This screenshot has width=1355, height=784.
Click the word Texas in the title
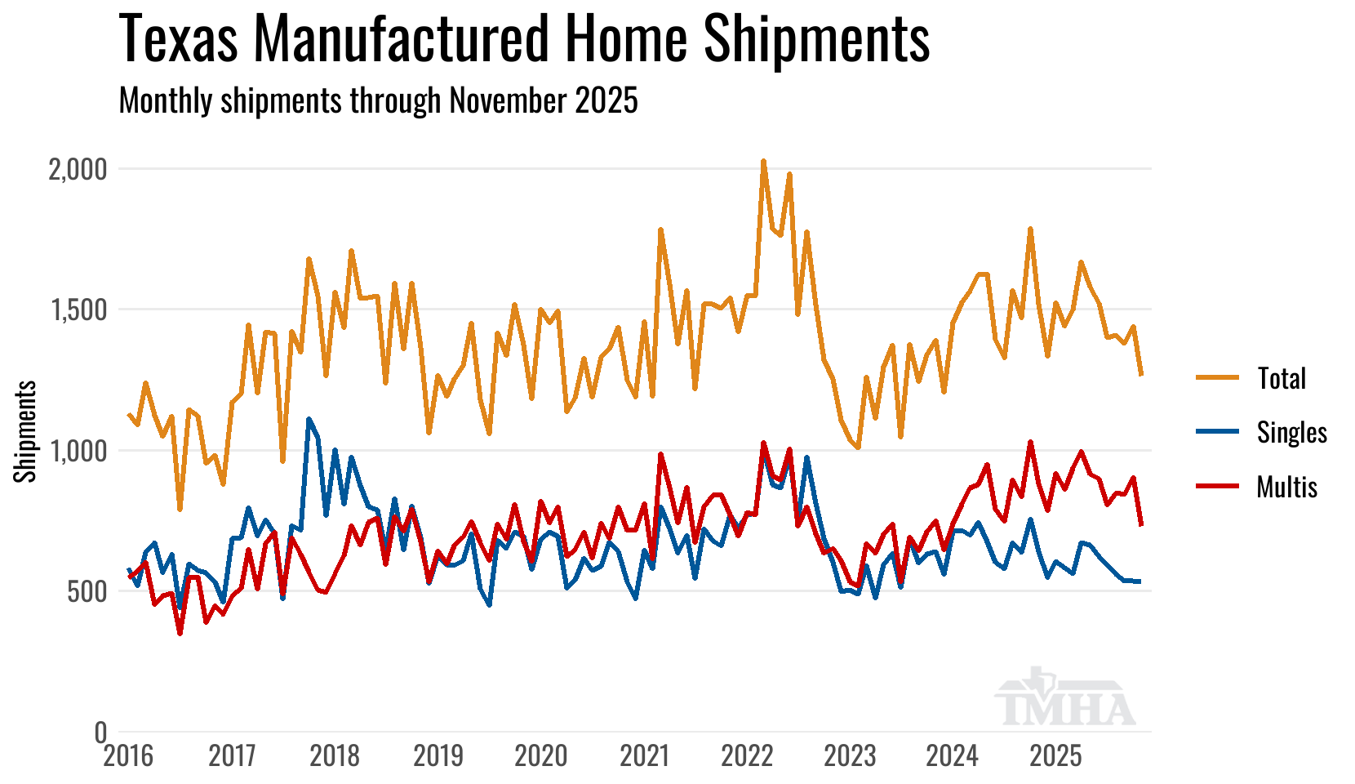(x=180, y=38)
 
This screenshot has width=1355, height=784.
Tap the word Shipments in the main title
(x=816, y=38)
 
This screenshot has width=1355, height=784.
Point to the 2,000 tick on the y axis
(x=78, y=170)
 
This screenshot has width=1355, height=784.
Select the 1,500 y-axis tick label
(x=78, y=310)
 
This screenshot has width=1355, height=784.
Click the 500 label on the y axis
(x=87, y=592)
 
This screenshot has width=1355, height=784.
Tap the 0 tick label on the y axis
(x=101, y=733)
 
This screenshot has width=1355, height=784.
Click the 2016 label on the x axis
(x=128, y=756)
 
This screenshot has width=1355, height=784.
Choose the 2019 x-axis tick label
(x=438, y=756)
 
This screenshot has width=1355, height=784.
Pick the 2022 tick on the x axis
(x=747, y=756)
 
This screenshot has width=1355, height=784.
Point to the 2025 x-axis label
(x=1055, y=756)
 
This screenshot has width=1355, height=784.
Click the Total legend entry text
(x=1282, y=378)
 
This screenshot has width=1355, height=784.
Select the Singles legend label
(x=1292, y=432)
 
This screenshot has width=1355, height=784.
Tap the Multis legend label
(x=1287, y=487)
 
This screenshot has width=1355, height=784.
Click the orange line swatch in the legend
(x=1218, y=378)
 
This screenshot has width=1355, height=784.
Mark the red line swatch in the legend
(x=1218, y=487)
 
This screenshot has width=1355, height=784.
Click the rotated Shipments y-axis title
(x=26, y=431)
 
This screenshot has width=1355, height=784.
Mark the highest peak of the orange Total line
(x=763, y=162)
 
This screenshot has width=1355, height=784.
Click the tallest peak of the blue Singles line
(x=309, y=420)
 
